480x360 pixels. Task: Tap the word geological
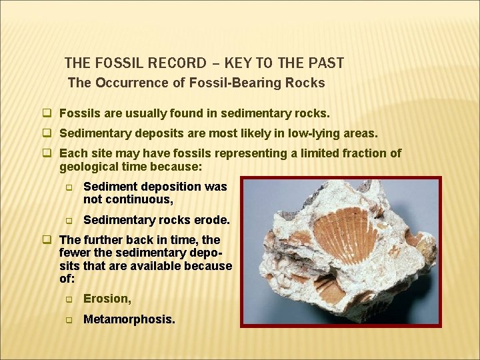click(92, 166)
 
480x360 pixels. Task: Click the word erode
click(212, 220)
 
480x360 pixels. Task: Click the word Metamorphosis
click(129, 319)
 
